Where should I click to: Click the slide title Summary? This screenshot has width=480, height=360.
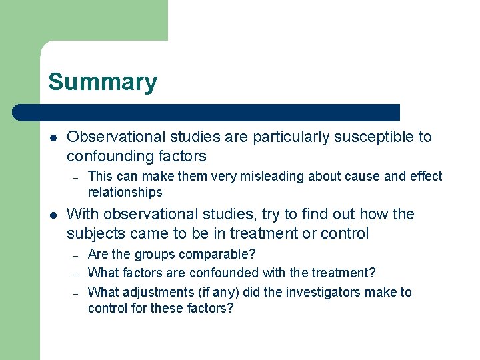[x=103, y=82]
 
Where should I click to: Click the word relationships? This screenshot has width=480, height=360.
[x=125, y=192]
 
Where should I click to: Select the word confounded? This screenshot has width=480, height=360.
[x=225, y=273]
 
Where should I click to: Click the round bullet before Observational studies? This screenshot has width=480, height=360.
[x=53, y=137]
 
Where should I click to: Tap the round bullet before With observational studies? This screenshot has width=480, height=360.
[x=53, y=215]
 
